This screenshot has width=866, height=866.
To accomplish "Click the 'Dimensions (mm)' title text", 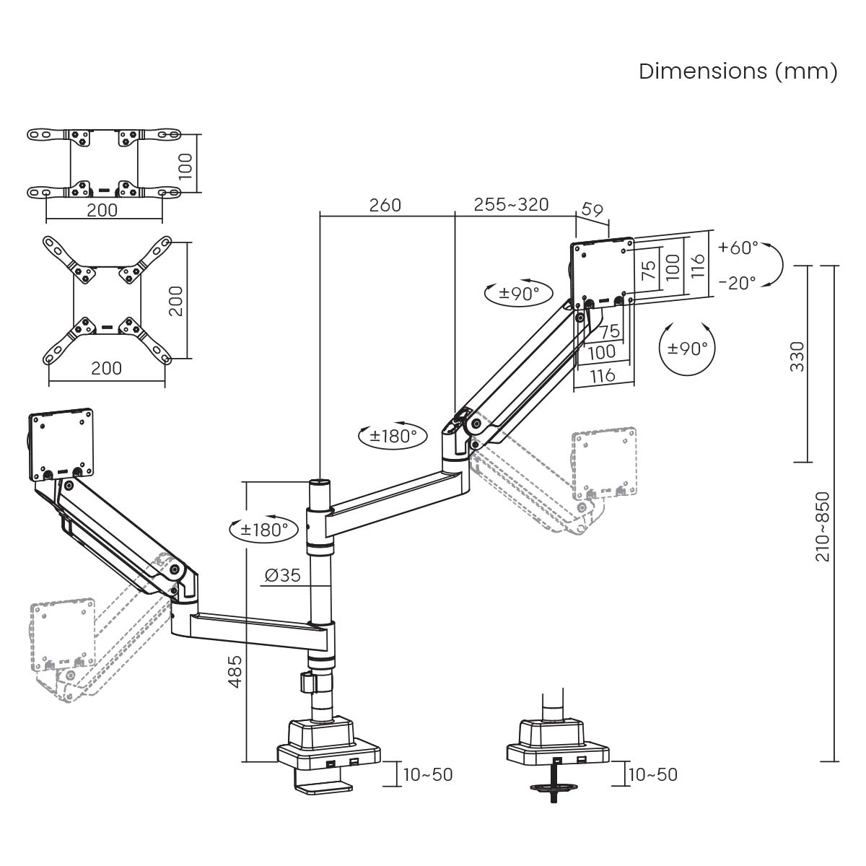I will (x=738, y=71).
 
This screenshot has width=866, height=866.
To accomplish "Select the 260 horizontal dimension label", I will (x=385, y=205).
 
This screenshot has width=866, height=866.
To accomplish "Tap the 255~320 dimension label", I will (x=511, y=204).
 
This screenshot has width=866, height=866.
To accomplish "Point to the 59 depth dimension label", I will (x=592, y=210).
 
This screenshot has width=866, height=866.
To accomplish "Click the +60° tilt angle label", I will (x=738, y=248).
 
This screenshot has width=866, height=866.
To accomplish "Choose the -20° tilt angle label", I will (x=738, y=282).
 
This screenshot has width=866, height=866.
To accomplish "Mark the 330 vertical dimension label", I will (x=797, y=357).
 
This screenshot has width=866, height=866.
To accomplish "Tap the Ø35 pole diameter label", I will (x=282, y=575).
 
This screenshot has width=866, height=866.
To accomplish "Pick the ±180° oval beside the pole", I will (x=263, y=530).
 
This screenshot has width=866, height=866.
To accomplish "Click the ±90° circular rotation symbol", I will (x=687, y=349).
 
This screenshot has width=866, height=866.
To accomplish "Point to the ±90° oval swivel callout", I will (x=517, y=294).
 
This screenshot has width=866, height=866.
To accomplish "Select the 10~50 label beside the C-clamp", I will (x=428, y=774).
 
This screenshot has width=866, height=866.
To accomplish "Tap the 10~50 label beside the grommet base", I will (x=652, y=774).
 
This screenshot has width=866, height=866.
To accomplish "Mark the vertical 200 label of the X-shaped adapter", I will (x=176, y=300).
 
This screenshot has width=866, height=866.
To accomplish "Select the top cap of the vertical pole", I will (x=319, y=482).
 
